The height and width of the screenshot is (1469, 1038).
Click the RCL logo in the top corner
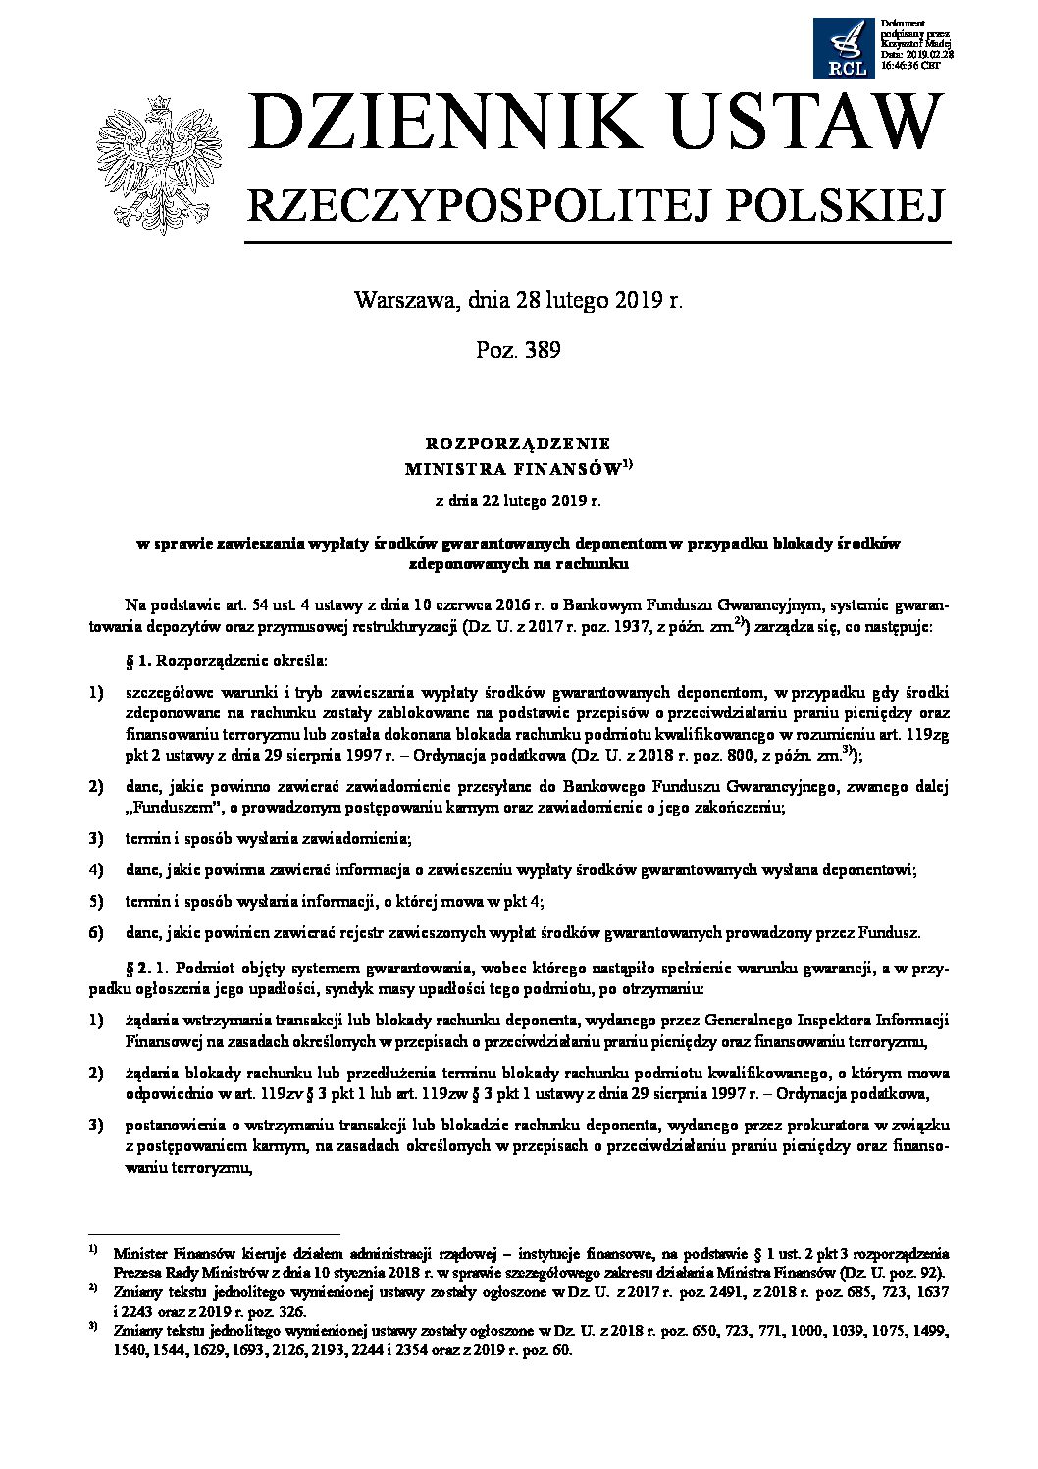tap(844, 48)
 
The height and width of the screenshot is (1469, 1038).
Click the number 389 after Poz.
tap(543, 350)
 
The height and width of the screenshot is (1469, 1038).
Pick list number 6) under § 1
tap(96, 932)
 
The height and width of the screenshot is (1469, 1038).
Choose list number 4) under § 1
tap(96, 869)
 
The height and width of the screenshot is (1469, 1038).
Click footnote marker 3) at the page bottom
tap(93, 1330)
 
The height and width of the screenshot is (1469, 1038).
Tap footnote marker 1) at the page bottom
tap(93, 1251)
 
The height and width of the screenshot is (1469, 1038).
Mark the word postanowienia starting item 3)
tap(174, 1125)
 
